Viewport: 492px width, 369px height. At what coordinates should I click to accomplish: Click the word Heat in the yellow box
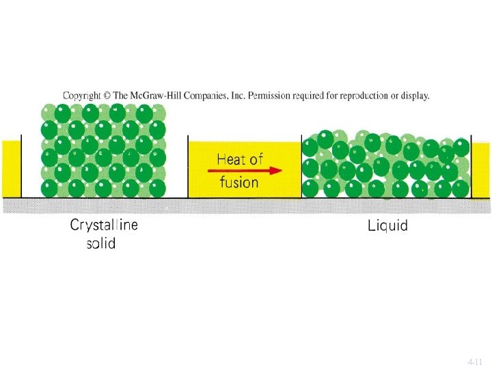pos(230,160)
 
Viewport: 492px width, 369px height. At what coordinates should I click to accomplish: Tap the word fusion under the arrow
pos(238,182)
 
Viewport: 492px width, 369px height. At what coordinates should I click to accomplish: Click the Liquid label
pos(387,225)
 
